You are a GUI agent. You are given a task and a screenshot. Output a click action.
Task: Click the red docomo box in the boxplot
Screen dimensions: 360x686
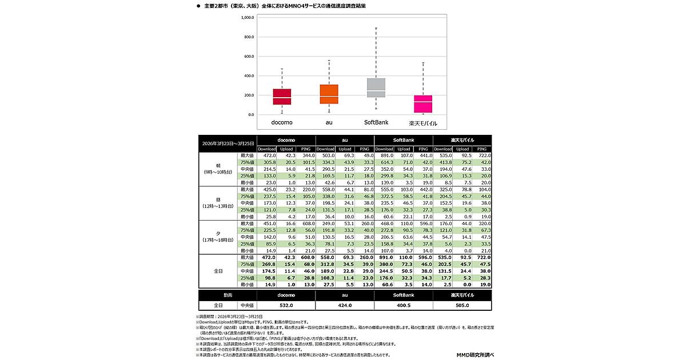click(x=282, y=97)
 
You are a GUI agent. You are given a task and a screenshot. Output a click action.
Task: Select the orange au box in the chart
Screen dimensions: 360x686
click(x=329, y=94)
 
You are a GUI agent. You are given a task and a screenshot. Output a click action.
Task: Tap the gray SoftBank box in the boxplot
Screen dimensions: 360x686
click(x=376, y=87)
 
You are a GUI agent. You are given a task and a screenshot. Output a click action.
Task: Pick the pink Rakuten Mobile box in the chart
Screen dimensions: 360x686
click(x=423, y=104)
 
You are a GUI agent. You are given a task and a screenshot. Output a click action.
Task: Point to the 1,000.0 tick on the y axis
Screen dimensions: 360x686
click(x=247, y=18)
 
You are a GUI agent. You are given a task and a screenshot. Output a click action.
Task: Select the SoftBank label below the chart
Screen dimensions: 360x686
click(x=376, y=122)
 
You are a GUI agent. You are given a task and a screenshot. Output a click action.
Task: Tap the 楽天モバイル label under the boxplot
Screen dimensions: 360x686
click(x=423, y=123)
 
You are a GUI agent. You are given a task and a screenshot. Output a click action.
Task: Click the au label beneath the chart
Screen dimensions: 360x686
click(x=329, y=122)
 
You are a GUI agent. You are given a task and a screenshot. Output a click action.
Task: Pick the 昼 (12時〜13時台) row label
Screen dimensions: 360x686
click(x=217, y=202)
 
